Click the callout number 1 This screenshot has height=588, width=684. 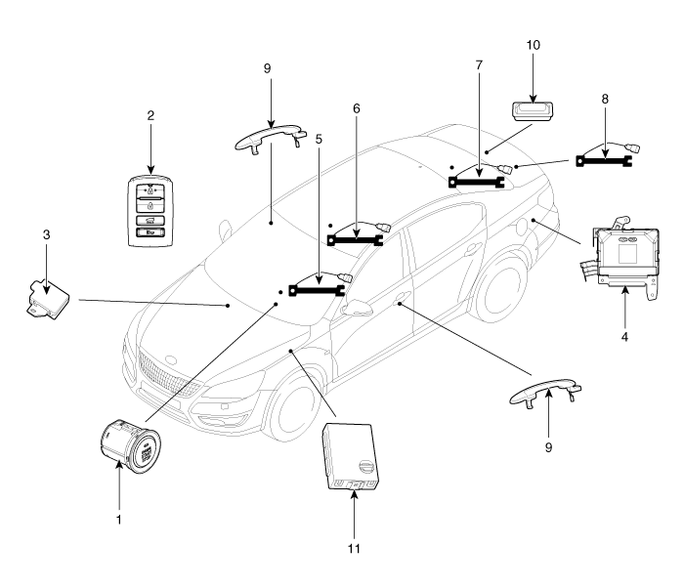[x=118, y=520]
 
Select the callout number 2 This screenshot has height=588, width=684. [x=150, y=115]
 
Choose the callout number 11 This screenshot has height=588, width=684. [x=355, y=547]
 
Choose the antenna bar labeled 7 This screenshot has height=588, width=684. [x=480, y=176]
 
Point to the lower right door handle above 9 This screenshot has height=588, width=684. [x=547, y=393]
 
